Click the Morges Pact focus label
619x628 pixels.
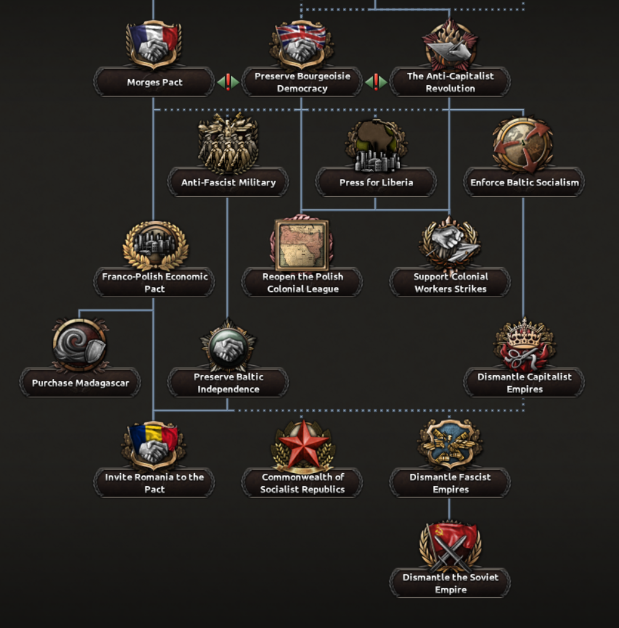154,82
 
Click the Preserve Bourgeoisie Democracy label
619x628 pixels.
302,82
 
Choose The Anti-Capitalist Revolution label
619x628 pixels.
450,82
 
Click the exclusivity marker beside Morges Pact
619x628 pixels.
228,82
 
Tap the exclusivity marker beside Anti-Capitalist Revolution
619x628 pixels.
376,82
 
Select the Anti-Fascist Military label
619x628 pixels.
228,182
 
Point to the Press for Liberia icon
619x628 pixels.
376,145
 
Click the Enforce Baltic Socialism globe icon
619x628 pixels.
523,144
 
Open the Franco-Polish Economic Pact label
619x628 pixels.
154,283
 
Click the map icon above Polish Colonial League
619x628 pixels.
301,244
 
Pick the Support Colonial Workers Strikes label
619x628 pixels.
450,283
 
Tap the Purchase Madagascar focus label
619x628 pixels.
80,382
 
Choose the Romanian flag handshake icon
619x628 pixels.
154,445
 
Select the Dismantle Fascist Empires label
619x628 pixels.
450,483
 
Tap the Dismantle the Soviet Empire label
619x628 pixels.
450,583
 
